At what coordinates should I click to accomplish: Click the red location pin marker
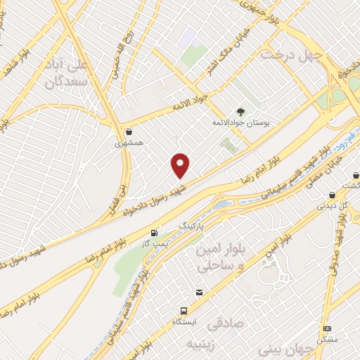click(181, 165)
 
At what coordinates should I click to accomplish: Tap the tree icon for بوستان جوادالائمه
click(240, 112)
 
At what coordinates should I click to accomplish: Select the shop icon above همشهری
click(129, 131)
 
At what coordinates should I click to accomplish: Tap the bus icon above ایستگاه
click(184, 310)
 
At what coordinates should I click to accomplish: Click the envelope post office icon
click(200, 292)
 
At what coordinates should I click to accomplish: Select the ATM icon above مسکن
click(327, 328)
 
